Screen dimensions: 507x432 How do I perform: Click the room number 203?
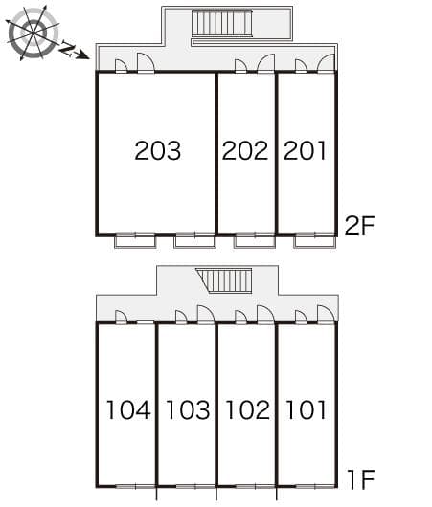[157, 150]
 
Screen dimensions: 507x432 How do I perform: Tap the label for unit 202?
[245, 150]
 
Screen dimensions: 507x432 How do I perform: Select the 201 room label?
[306, 150]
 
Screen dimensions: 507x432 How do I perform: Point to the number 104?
[128, 410]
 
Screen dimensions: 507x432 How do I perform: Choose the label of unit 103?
[188, 410]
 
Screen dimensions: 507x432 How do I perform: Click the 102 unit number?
[247, 410]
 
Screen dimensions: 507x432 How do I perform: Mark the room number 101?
[306, 410]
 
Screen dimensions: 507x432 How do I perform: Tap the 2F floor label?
[359, 226]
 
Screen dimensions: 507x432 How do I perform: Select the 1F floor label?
[360, 478]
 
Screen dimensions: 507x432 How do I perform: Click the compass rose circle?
[33, 34]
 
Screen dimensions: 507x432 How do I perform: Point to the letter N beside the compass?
[68, 51]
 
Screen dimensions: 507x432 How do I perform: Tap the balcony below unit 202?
[255, 240]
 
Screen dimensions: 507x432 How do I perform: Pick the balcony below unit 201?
[314, 240]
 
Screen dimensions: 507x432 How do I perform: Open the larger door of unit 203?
[146, 63]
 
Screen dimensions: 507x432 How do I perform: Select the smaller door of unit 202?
[240, 66]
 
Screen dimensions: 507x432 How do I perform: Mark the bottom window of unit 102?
[247, 486]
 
